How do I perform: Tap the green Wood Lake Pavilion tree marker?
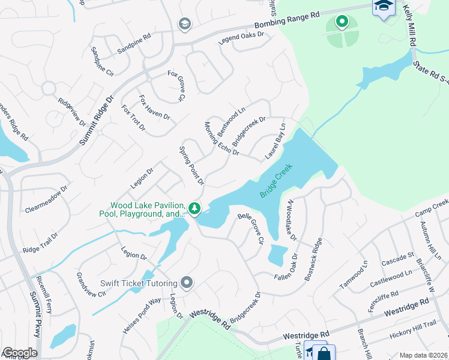click(x=194, y=208)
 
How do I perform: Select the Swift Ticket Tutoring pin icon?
click(x=187, y=282)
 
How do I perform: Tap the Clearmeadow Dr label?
click(x=47, y=199)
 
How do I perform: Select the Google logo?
click(x=19, y=353)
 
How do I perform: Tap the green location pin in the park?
click(x=342, y=23)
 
